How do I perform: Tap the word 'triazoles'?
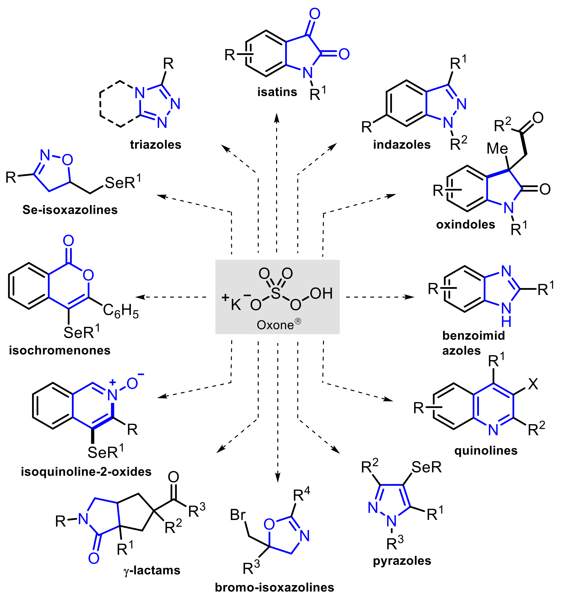click(156, 145)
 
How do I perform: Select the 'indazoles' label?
click(401, 145)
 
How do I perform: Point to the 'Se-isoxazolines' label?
click(70, 210)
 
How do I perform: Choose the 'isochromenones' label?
click(60, 350)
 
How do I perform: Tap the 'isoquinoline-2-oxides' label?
click(86, 472)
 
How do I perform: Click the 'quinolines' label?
click(486, 451)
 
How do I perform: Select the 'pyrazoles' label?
click(402, 561)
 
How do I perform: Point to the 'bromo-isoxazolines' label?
click(275, 587)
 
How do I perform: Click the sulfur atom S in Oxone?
click(275, 293)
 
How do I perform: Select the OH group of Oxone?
click(321, 293)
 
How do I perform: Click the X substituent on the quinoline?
click(533, 384)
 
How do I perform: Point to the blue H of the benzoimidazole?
click(506, 322)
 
